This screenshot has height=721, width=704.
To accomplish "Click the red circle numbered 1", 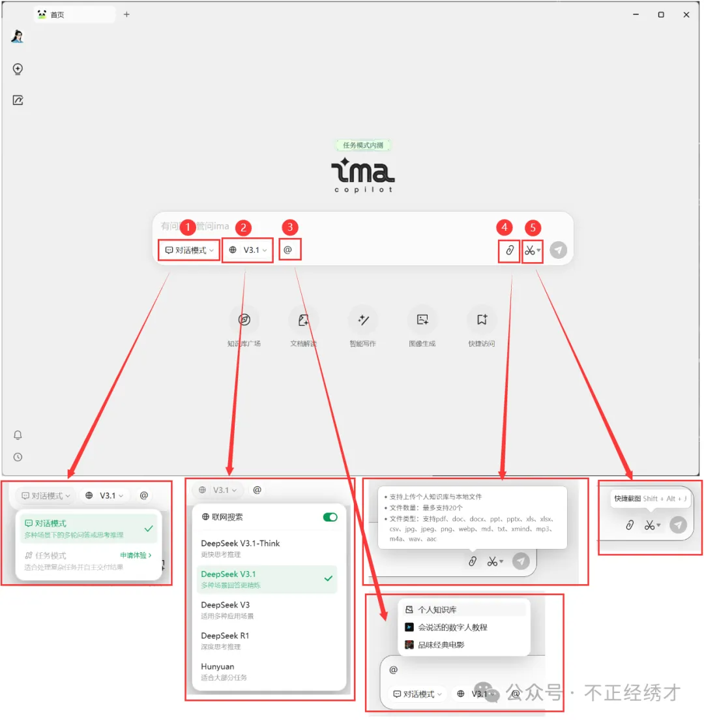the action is coord(188,227).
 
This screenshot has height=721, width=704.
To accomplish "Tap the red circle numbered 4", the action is coord(504,227).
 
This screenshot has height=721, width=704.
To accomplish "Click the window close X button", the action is coord(686,14).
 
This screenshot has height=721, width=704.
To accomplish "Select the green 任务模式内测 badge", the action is coord(363,145).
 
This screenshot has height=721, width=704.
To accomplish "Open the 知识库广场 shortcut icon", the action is coord(244,319).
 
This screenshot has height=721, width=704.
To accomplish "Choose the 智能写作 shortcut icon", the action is coord(363,319).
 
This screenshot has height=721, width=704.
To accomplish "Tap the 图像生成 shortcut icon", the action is coord(422,319).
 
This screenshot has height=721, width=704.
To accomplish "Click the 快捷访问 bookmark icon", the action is coord(482,319).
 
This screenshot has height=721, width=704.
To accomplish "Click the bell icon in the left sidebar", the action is coord(18,435).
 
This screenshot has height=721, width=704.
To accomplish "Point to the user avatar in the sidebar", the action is coord(18,37).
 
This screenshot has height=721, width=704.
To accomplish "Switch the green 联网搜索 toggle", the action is coord(330,517).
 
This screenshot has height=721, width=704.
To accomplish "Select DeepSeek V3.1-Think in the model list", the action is coord(241,548).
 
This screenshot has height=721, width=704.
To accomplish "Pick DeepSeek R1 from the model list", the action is coord(226,640).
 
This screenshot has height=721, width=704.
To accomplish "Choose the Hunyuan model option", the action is coord(218,671).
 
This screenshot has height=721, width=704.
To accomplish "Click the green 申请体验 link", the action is coord(136,555).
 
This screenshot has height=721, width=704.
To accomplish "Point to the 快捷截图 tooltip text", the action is coord(627,499).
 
